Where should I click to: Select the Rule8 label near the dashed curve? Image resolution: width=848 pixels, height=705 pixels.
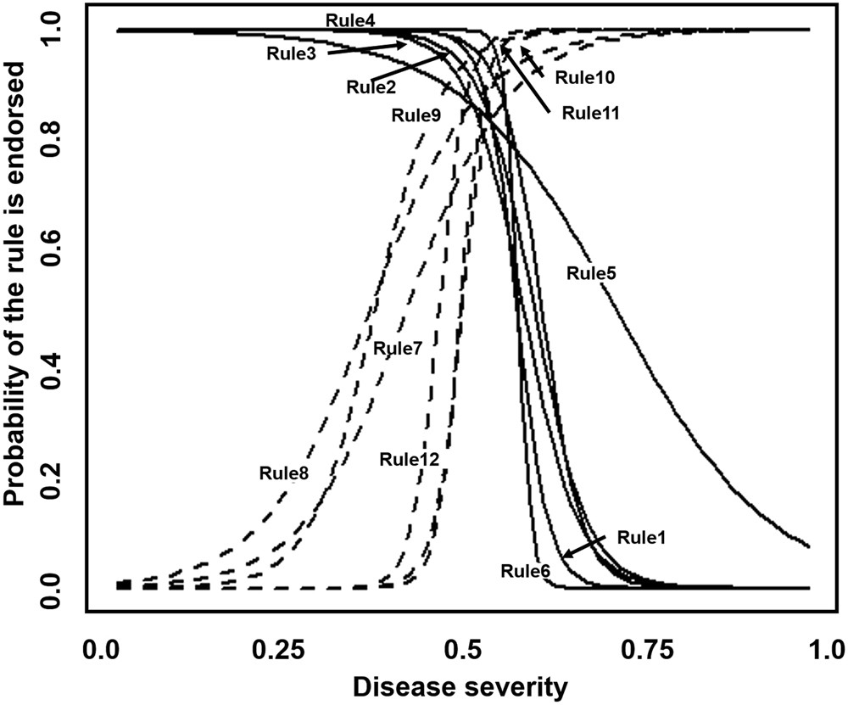(283, 472)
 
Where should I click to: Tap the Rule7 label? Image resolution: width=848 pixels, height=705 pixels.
(397, 347)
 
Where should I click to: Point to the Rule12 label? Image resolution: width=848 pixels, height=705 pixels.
(409, 459)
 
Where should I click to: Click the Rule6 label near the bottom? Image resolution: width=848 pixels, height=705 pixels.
(526, 570)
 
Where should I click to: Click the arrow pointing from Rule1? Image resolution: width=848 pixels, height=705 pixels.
(585, 548)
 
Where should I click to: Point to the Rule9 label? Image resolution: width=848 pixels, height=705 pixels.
(416, 115)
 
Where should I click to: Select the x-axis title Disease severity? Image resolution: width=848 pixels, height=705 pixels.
(460, 687)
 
